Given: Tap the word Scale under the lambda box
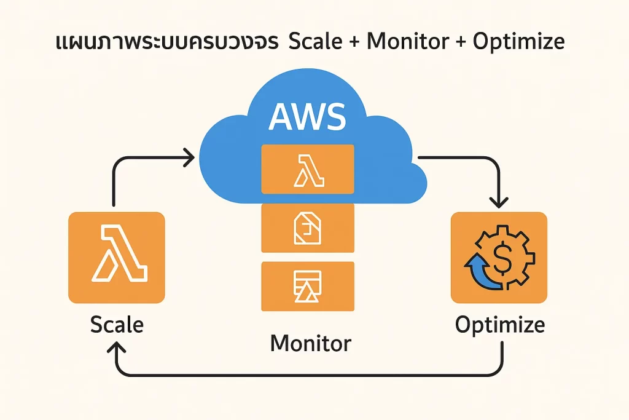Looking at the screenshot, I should point(117,324).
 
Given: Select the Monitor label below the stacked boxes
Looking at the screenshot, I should point(311,343).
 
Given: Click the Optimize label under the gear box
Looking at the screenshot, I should point(499,325).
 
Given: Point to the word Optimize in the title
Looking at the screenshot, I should point(519,43).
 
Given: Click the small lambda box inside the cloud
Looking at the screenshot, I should point(308,168).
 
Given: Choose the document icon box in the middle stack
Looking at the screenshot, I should point(308,228).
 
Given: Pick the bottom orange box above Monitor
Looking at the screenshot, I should point(308,286).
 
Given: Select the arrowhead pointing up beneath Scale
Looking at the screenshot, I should point(117,347).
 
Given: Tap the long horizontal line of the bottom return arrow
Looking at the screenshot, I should point(307,374).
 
